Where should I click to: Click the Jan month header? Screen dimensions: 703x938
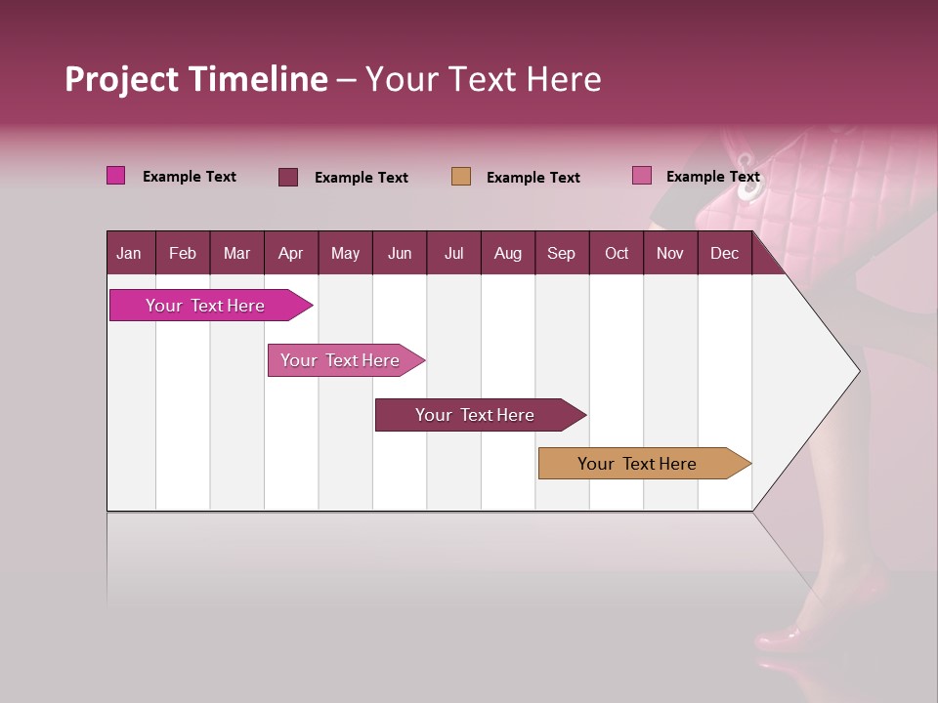[129, 254]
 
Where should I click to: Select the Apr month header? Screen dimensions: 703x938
[291, 254]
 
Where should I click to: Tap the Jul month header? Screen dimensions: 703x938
[453, 254]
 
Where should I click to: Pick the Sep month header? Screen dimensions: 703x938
[561, 254]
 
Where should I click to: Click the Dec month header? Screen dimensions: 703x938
[724, 254]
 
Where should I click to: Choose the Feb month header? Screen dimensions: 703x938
[183, 254]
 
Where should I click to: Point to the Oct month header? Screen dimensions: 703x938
[617, 254]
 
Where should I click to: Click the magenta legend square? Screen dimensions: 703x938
[116, 176]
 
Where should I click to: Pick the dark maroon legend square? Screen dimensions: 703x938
[288, 177]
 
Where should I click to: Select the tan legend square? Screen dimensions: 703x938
[461, 177]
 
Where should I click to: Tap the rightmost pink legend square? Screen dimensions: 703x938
[642, 176]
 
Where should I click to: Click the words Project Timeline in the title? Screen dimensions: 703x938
[195, 79]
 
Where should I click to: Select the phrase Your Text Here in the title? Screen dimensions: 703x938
[483, 79]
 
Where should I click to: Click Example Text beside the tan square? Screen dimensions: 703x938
[533, 178]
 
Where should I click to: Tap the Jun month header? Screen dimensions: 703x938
[400, 254]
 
